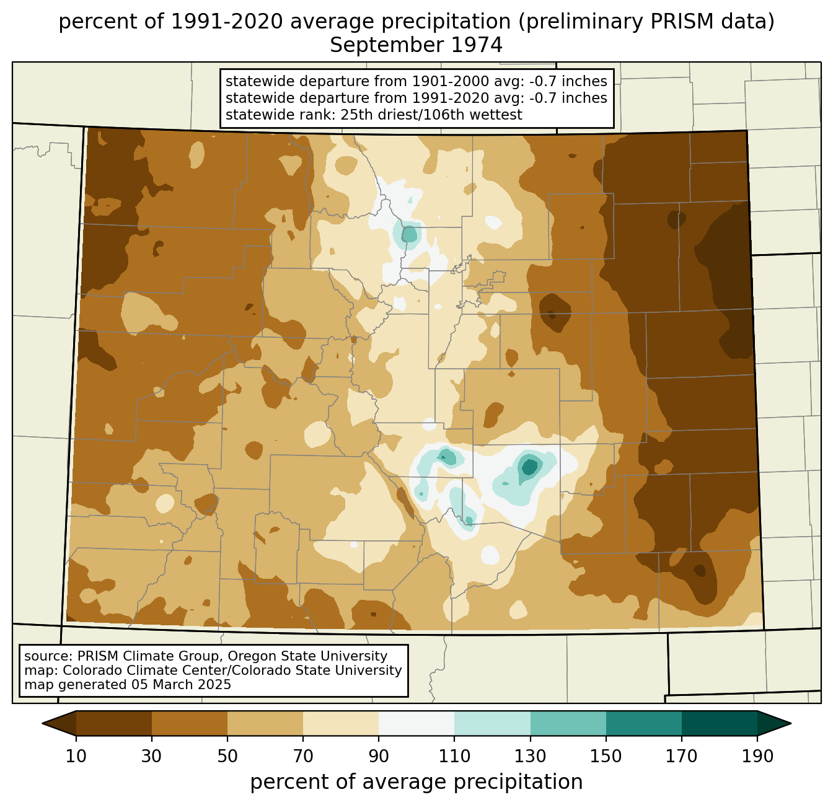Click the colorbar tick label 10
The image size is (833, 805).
coord(76,756)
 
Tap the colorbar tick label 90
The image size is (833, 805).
coord(379,756)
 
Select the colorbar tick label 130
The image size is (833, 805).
coord(530,756)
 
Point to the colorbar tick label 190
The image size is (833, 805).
coord(757,756)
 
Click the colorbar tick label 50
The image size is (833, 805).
coord(227,756)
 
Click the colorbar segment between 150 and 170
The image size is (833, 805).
coord(643,723)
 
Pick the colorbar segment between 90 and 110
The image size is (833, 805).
coord(416,723)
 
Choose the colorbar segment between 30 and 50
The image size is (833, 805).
coord(189,723)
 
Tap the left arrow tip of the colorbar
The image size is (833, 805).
coord(42,723)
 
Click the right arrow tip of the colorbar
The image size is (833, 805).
coord(791,723)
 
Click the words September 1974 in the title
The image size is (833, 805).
coord(416,45)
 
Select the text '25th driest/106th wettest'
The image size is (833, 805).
coord(431,115)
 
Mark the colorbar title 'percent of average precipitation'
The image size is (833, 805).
coord(416,782)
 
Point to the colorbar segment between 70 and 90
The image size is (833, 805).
coord(341,723)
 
